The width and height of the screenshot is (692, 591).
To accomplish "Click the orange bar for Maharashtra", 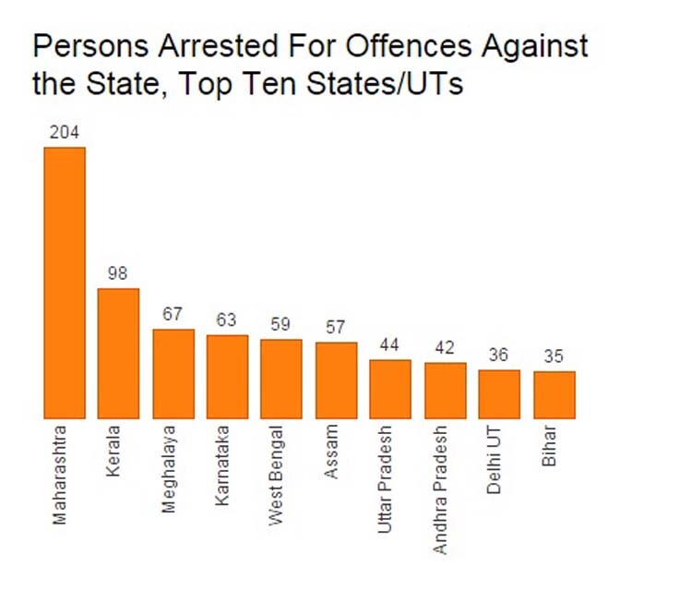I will pos(65,283).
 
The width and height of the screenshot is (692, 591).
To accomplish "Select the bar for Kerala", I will pos(118,354).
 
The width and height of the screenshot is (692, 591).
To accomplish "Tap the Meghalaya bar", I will pos(173,374).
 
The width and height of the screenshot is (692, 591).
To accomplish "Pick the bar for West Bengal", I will pos(280,379).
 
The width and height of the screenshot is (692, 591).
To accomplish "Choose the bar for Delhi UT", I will pos(499,394).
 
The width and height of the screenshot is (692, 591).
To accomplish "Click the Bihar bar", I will pos(554,395).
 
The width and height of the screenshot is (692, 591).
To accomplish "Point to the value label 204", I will pos(65,133).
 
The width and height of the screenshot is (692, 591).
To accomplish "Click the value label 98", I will pos(118,273).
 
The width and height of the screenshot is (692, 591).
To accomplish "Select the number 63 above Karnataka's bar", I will pos(227,320).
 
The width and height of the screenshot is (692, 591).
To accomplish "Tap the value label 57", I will pos(336,327).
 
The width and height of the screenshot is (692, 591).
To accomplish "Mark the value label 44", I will pos(390,344).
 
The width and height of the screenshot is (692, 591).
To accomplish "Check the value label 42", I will pos(445,348).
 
